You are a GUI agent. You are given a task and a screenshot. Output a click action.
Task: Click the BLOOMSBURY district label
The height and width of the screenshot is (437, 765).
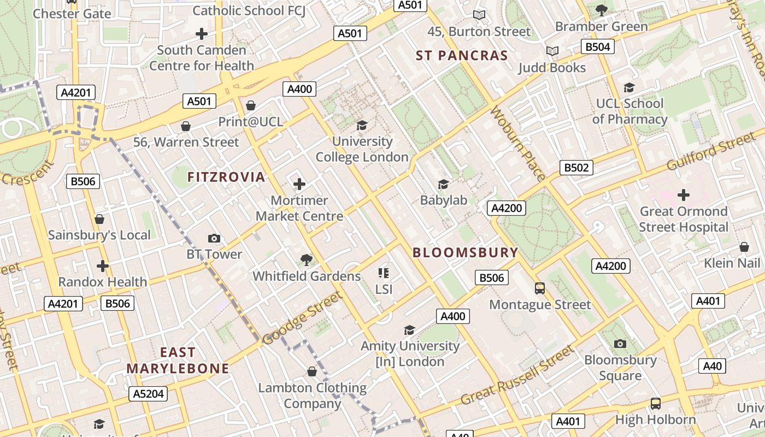tap(465, 252)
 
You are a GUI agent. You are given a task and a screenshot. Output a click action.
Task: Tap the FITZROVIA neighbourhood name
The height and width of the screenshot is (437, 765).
tap(226, 177)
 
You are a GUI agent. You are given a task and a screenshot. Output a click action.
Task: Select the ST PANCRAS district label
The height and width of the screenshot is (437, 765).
tap(462, 56)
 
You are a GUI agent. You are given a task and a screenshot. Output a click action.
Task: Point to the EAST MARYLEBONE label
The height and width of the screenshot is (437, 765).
tap(178, 361)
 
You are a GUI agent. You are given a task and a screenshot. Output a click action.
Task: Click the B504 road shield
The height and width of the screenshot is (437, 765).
tap(597, 47)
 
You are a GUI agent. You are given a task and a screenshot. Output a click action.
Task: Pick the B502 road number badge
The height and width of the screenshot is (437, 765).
tap(576, 168)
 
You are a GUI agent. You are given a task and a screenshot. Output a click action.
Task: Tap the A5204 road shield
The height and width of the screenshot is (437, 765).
tap(149, 394)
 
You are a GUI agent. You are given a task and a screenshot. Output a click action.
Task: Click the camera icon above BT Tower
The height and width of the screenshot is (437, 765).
tap(214, 238)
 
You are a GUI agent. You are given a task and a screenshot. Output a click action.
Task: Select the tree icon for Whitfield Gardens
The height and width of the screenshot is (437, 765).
tap(307, 260)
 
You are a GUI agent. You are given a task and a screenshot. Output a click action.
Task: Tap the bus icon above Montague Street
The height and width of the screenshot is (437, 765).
tap(540, 288)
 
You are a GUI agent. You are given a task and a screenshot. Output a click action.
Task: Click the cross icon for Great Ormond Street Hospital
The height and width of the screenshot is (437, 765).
tap(683, 195)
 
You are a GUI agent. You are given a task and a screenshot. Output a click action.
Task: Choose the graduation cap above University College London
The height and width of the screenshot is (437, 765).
tap(362, 126)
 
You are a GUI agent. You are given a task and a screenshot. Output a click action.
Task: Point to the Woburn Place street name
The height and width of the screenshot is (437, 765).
tap(517, 144)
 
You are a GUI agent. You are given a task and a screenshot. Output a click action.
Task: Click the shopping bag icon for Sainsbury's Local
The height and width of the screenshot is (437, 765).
tap(99, 219)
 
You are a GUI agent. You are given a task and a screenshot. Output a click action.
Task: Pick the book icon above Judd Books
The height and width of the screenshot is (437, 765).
tap(552, 51)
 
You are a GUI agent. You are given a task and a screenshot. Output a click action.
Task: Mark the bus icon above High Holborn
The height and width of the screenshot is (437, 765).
tap(655, 404)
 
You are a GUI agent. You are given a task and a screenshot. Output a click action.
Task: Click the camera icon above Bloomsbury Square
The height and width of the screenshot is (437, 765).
tap(620, 344)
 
